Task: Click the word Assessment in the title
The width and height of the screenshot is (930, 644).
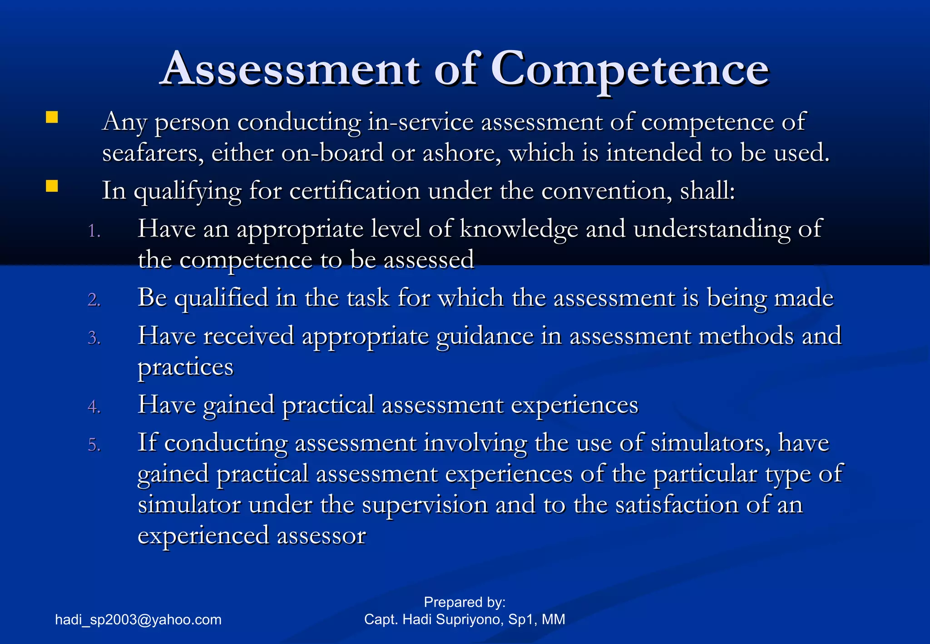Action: (291, 69)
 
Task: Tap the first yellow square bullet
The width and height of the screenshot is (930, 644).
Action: (52, 118)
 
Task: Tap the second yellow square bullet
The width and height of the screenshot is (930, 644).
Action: (52, 186)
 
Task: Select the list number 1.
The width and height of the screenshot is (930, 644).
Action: (94, 231)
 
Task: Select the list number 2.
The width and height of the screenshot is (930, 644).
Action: (94, 300)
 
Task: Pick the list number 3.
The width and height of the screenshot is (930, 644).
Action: (94, 338)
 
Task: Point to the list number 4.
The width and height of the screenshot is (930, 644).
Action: (94, 407)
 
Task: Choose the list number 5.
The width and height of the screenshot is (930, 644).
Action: (94, 445)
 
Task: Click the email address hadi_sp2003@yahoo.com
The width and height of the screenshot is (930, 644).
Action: (138, 619)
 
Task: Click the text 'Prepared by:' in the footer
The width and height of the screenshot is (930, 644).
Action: (465, 602)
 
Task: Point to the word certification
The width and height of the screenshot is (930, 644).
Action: (355, 191)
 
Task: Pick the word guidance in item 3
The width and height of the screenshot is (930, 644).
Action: (485, 337)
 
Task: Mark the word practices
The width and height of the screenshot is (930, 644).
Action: (185, 367)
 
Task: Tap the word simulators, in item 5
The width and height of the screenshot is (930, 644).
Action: (711, 443)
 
